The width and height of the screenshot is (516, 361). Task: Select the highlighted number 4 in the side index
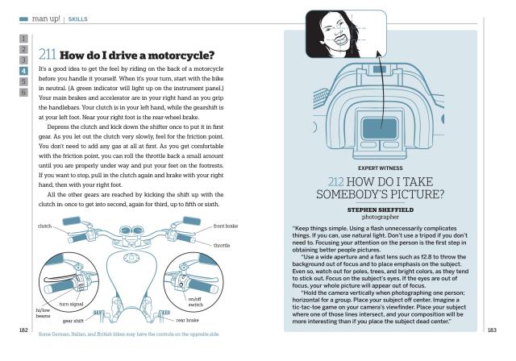point(24,70)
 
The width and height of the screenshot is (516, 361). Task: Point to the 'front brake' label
point(226,226)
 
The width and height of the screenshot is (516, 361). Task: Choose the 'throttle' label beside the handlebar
point(222,245)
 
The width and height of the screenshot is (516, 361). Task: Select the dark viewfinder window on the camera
point(376,128)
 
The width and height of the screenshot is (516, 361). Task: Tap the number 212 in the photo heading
point(338,181)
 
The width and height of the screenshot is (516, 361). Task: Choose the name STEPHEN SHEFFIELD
point(375,206)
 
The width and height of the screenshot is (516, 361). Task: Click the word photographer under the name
point(375,214)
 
